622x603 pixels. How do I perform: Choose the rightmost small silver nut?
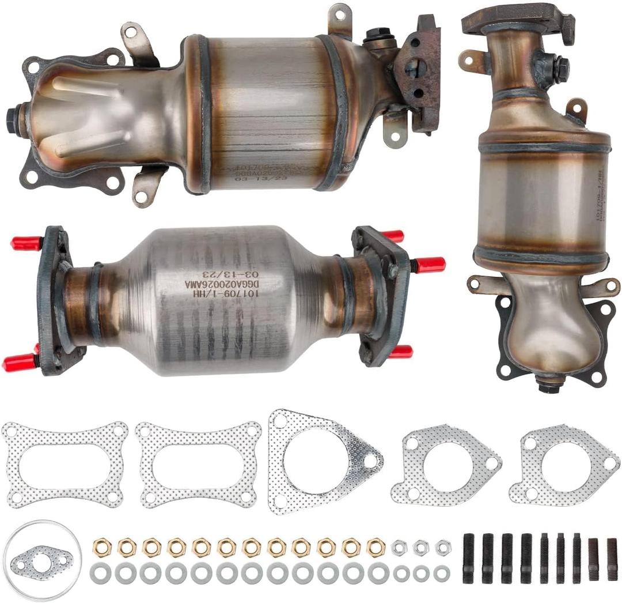pyautogui.click(x=442, y=547)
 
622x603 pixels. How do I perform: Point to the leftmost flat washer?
pyautogui.click(x=100, y=574)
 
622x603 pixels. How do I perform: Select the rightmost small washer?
pyautogui.click(x=442, y=574)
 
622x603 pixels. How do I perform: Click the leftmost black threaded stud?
pyautogui.click(x=469, y=558)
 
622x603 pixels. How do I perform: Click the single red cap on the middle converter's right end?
pyautogui.click(x=430, y=265)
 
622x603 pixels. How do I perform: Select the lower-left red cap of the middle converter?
pyautogui.click(x=18, y=363)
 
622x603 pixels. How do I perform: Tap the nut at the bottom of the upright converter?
pyautogui.click(x=549, y=385)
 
